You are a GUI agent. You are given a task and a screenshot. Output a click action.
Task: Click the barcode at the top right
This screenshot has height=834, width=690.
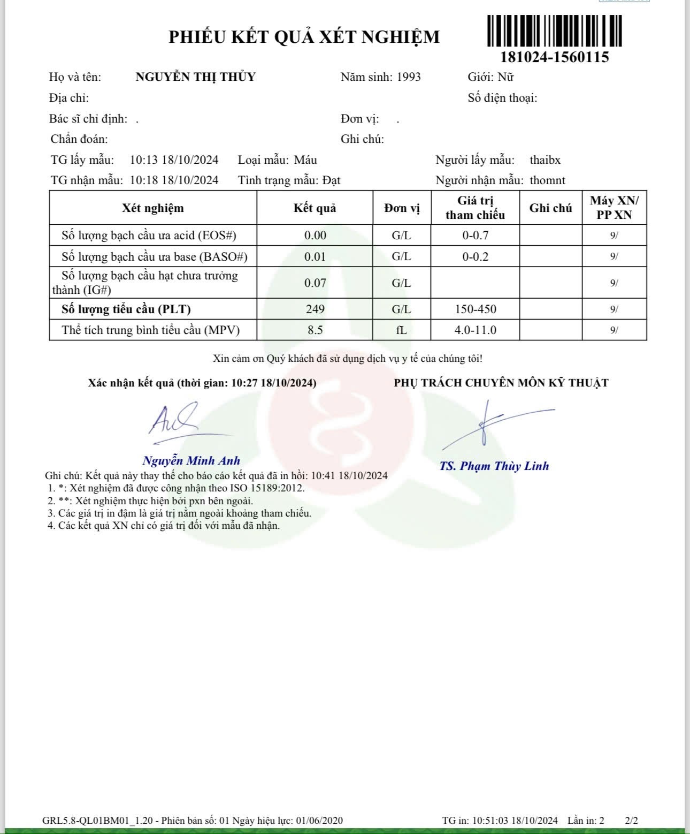tap(554, 31)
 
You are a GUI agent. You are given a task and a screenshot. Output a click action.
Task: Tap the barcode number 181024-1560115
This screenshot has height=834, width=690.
tap(554, 57)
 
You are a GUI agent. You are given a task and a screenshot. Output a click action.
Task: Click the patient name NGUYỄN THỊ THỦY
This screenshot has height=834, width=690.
tap(195, 77)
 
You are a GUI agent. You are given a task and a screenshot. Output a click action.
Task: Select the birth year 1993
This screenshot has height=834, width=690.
tap(409, 77)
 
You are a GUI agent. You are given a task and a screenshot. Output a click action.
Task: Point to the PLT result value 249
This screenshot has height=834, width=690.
tap(315, 309)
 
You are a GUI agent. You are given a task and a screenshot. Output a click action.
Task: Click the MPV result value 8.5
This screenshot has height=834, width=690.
tap(315, 330)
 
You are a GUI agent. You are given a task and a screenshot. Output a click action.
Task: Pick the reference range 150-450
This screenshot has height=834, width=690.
tap(475, 309)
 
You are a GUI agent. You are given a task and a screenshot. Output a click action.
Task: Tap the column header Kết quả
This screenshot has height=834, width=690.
tap(315, 208)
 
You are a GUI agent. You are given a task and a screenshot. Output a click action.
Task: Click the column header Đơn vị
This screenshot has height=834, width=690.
tap(402, 208)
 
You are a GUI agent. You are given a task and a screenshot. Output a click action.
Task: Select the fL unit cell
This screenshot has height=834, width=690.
tap(401, 330)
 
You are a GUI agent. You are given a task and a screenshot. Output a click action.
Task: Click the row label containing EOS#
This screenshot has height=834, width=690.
tap(149, 236)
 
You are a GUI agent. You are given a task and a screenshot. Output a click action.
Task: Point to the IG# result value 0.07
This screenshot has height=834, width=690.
tap(315, 283)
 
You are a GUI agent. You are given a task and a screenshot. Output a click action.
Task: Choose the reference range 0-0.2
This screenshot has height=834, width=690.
tap(475, 257)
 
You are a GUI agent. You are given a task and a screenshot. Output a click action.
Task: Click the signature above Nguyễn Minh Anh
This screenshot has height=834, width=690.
tap(177, 423)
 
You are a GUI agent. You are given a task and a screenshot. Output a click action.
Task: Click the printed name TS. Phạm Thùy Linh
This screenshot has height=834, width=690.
tap(494, 466)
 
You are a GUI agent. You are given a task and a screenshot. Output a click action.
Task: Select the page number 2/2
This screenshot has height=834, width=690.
tap(631, 821)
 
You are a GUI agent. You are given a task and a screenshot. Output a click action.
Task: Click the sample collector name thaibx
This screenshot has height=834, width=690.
tap(545, 160)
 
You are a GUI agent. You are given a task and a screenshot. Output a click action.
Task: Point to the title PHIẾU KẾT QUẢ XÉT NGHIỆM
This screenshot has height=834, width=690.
tap(304, 37)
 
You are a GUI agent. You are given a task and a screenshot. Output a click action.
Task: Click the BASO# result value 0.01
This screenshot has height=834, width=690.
tap(315, 257)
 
